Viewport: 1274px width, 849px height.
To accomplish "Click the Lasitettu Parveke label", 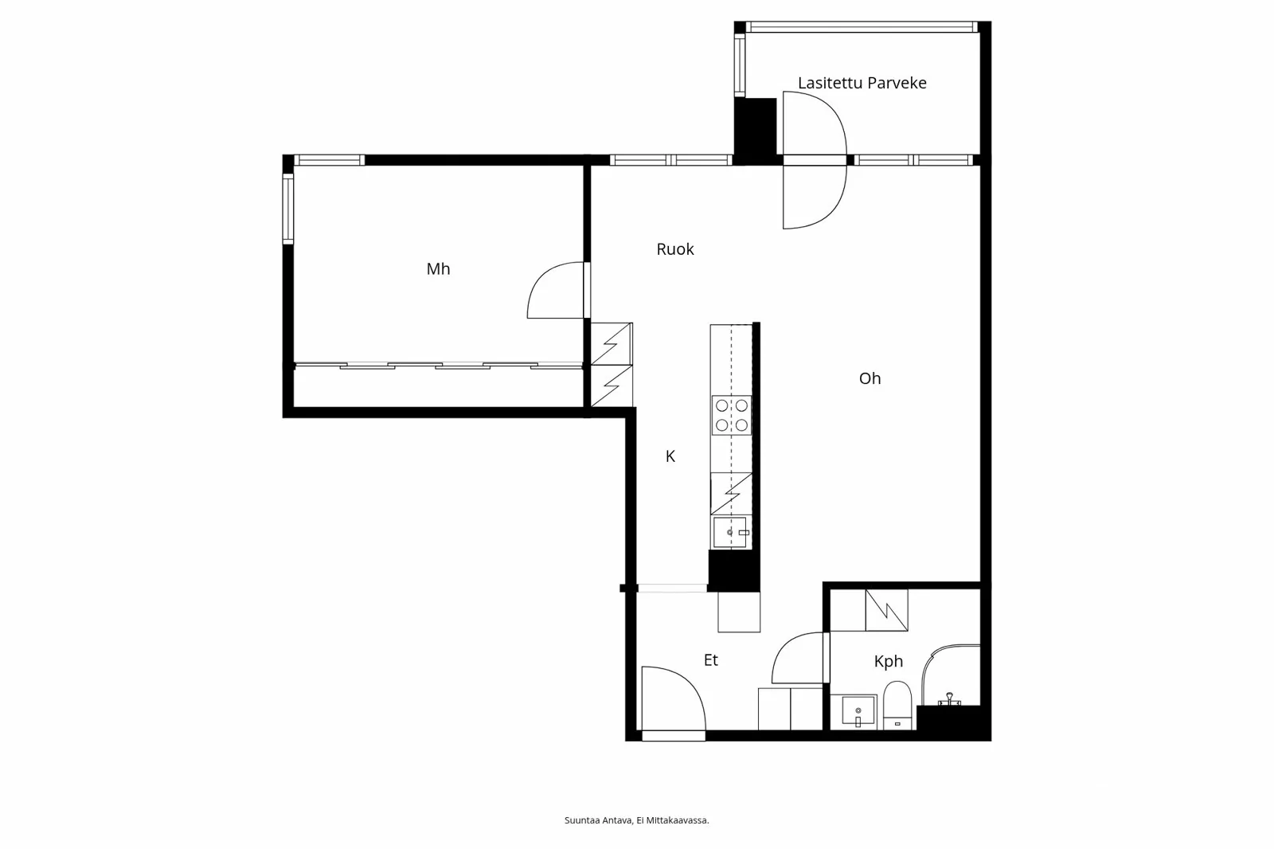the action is pyautogui.click(x=862, y=83).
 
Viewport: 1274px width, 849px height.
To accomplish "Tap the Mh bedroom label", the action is pyautogui.click(x=438, y=268).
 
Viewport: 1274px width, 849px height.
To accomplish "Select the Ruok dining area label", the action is pyautogui.click(x=675, y=249).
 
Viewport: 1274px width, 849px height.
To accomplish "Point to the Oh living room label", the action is pyautogui.click(x=870, y=378).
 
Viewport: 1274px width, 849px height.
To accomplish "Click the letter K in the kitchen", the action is pyautogui.click(x=670, y=456).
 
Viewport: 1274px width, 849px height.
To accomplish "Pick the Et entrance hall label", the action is pyautogui.click(x=711, y=660).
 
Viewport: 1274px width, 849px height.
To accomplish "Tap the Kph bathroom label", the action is pyautogui.click(x=889, y=661).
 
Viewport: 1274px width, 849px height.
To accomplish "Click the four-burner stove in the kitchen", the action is pyautogui.click(x=732, y=415).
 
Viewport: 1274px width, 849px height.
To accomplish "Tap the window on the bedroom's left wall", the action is pyautogui.click(x=288, y=209).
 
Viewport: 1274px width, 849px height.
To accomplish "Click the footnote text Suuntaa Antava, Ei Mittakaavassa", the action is pyautogui.click(x=636, y=820).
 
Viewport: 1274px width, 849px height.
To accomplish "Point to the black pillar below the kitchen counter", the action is pyautogui.click(x=733, y=571).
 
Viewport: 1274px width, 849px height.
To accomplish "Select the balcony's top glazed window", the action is pyautogui.click(x=862, y=27).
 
